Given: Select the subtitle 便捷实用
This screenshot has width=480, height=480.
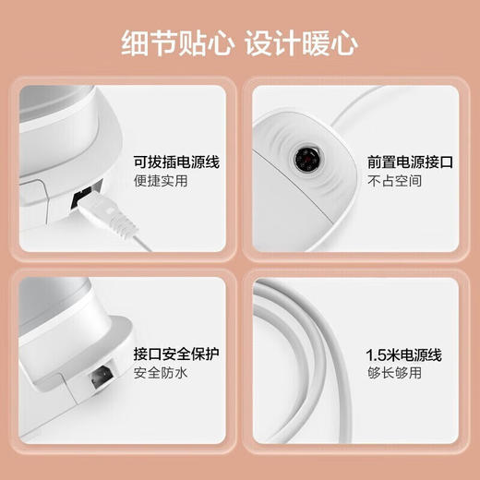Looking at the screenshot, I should (x=162, y=181).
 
